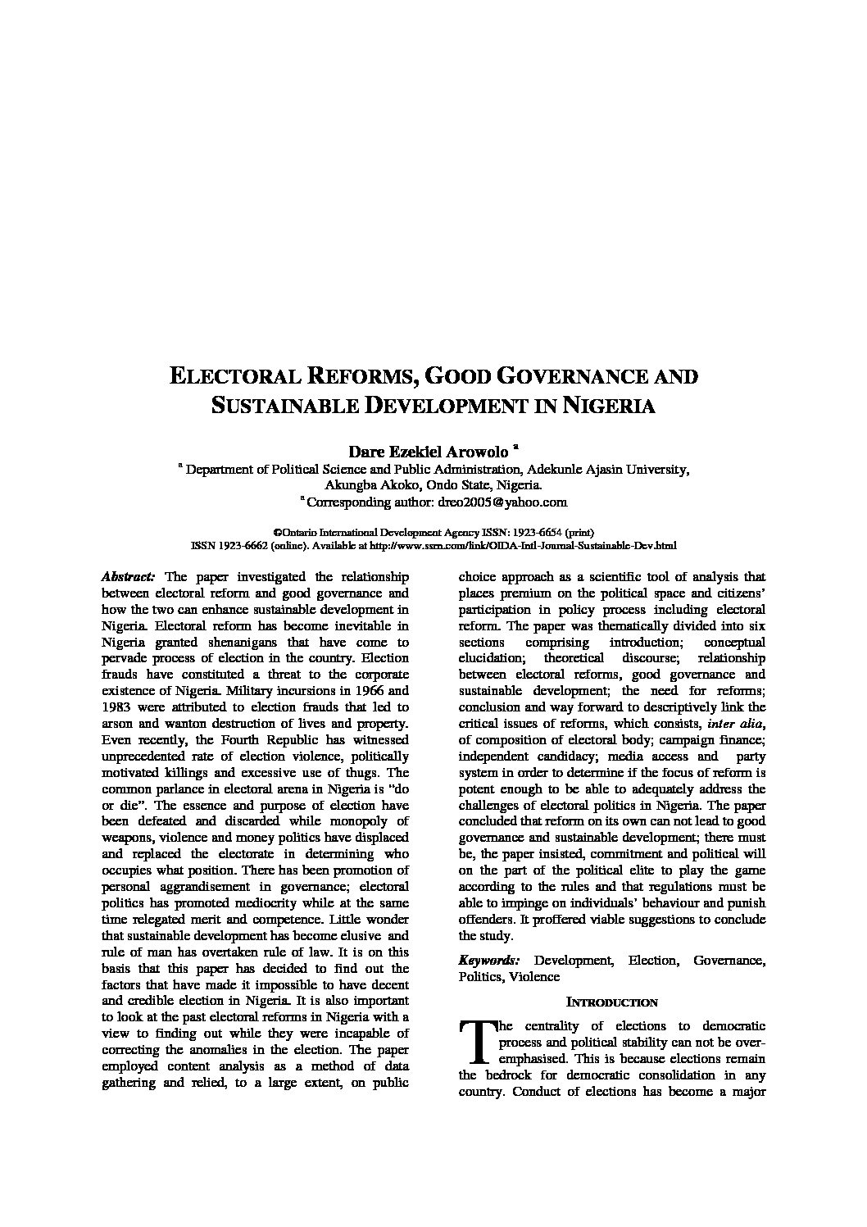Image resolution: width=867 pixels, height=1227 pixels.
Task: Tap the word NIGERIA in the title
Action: coord(607,406)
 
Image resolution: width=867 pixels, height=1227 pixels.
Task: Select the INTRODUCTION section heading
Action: coord(612,1002)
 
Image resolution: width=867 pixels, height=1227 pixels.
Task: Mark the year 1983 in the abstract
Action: coord(116,707)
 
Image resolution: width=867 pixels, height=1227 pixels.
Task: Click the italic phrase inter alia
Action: coord(736,724)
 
